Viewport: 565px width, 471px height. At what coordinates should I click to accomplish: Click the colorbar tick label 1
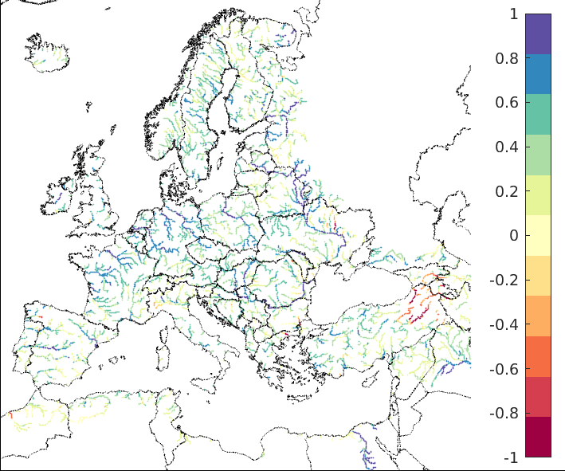513,14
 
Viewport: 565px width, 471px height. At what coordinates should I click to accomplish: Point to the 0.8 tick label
508,59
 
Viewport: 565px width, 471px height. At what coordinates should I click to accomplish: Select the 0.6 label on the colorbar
508,103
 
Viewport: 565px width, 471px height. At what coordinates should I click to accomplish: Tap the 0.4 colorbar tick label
508,147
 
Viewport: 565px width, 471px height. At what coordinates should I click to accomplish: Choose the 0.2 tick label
508,192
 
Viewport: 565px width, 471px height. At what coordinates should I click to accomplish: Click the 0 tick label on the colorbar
513,236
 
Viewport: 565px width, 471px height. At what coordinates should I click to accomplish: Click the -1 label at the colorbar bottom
511,458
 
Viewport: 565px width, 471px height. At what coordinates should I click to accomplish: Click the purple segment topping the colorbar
538,33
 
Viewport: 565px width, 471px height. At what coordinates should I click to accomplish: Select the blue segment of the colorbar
538,74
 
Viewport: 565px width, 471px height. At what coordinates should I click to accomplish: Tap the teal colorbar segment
538,114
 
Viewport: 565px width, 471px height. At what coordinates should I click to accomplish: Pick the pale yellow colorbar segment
538,235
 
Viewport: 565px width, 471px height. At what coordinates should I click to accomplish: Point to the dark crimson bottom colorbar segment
538,437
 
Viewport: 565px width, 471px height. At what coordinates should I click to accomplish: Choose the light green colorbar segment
538,155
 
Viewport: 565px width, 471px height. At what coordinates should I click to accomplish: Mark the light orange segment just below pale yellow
538,276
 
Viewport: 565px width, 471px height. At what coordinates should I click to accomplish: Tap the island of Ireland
61,196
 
